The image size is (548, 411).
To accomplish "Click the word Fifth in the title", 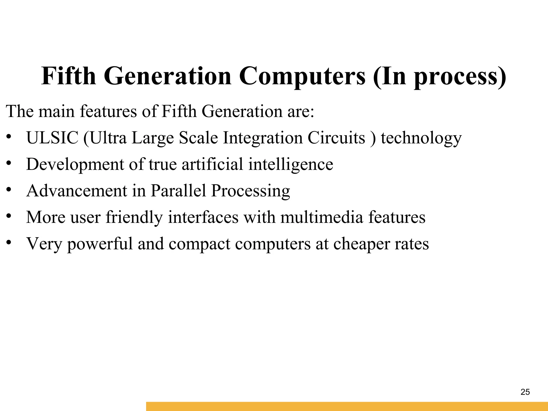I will coord(68,76).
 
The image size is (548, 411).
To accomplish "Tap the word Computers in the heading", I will coord(302,76).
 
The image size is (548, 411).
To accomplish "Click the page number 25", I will coord(525,392).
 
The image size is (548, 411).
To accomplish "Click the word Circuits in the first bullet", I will coord(336,138).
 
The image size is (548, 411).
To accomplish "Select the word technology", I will coord(421,138).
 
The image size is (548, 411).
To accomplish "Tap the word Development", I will coord(75,164).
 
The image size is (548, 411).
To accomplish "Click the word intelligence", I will coord(291,164).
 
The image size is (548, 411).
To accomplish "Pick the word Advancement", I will coord(77,191).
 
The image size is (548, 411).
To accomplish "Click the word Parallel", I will coord(178,191).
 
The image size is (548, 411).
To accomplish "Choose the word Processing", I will coord(250,191).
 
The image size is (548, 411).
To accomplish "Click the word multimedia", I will coord(322,217).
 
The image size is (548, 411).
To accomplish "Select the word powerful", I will coord(100,244).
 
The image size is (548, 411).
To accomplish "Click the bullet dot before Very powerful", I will coord(9,242).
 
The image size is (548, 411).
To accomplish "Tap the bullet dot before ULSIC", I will coord(9,136).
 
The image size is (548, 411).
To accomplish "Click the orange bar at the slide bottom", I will coord(347,406).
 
